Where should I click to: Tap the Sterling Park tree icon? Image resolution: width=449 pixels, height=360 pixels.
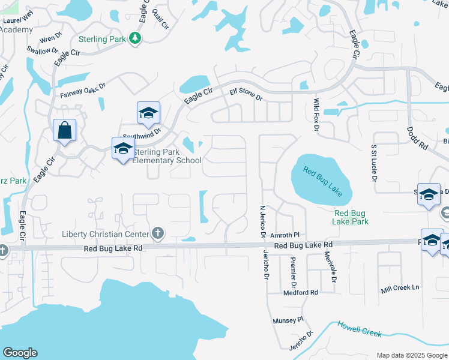[136, 39]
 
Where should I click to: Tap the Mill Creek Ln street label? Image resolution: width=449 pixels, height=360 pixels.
[400, 288]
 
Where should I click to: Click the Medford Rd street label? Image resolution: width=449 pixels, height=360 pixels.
[301, 292]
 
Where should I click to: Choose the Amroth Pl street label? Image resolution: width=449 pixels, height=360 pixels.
[285, 236]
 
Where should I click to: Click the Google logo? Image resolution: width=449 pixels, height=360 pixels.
[20, 353]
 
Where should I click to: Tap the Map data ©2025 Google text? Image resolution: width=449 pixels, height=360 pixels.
[411, 355]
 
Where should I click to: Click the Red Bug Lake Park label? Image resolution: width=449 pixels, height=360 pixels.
[351, 217]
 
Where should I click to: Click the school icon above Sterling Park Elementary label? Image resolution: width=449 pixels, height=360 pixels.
[122, 148]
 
